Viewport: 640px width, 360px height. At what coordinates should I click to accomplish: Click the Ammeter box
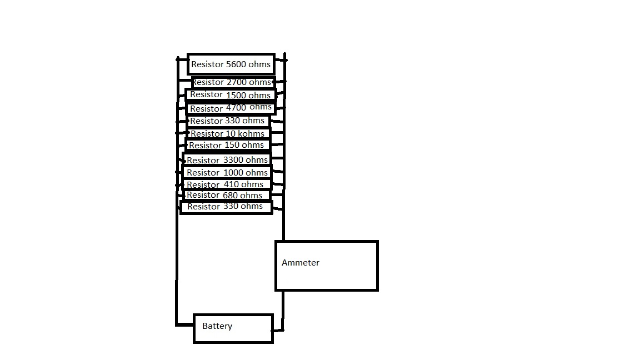(327, 266)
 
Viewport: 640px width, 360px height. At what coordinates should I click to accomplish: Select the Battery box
(233, 328)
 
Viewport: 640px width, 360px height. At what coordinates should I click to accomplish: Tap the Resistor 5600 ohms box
(231, 64)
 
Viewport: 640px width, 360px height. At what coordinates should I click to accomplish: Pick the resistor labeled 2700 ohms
(231, 82)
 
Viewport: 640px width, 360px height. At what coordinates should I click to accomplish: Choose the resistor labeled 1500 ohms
(231, 95)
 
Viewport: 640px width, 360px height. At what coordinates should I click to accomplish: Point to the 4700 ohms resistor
(231, 108)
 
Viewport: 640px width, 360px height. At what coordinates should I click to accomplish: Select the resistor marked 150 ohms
(228, 145)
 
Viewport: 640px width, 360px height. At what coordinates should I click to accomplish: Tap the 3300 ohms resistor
(227, 160)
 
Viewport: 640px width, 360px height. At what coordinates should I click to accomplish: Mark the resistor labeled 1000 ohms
(227, 172)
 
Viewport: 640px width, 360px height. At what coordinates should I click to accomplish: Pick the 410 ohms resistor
(226, 184)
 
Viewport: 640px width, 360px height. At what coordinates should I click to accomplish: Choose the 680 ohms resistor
(226, 195)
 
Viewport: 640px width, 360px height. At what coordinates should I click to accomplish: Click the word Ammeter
(301, 263)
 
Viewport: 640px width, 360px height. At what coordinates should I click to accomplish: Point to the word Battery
(217, 326)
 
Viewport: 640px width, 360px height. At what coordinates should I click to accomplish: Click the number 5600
(236, 64)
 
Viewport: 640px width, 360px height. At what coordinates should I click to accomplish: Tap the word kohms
(251, 134)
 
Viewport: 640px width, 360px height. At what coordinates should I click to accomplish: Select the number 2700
(237, 82)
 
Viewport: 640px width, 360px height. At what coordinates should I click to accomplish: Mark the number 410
(231, 184)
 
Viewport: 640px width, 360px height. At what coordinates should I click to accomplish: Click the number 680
(230, 195)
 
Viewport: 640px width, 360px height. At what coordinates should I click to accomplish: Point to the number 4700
(236, 108)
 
